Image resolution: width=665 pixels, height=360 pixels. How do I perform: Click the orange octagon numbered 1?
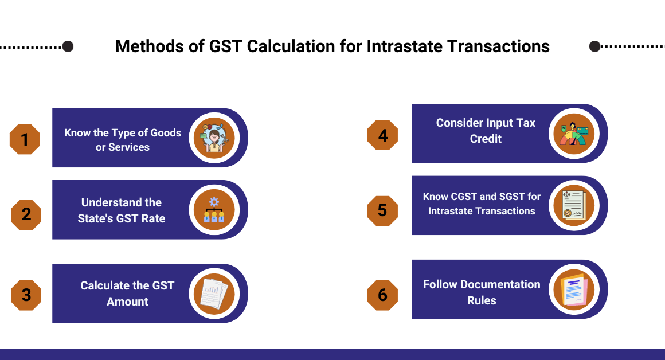tap(25, 139)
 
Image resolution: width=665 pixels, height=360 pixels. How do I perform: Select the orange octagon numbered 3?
tap(26, 295)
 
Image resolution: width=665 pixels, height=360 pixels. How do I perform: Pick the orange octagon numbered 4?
tap(382, 135)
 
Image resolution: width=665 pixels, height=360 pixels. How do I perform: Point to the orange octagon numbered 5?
tap(382, 210)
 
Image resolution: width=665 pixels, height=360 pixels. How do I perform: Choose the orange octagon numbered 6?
tap(382, 295)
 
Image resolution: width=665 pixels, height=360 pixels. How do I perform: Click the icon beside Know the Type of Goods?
tap(214, 138)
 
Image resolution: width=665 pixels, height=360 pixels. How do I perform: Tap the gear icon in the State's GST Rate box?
tap(214, 202)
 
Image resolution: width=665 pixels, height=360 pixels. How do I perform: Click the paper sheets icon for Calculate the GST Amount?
tap(214, 293)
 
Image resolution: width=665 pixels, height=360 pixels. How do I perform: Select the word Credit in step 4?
tap(486, 139)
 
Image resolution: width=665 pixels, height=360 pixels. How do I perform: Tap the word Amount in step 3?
tap(127, 302)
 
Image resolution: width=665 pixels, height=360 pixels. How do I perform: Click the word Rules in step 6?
tap(482, 300)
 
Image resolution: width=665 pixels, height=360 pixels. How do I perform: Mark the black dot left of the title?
tap(68, 46)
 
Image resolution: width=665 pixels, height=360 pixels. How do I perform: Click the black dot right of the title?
tap(595, 46)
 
